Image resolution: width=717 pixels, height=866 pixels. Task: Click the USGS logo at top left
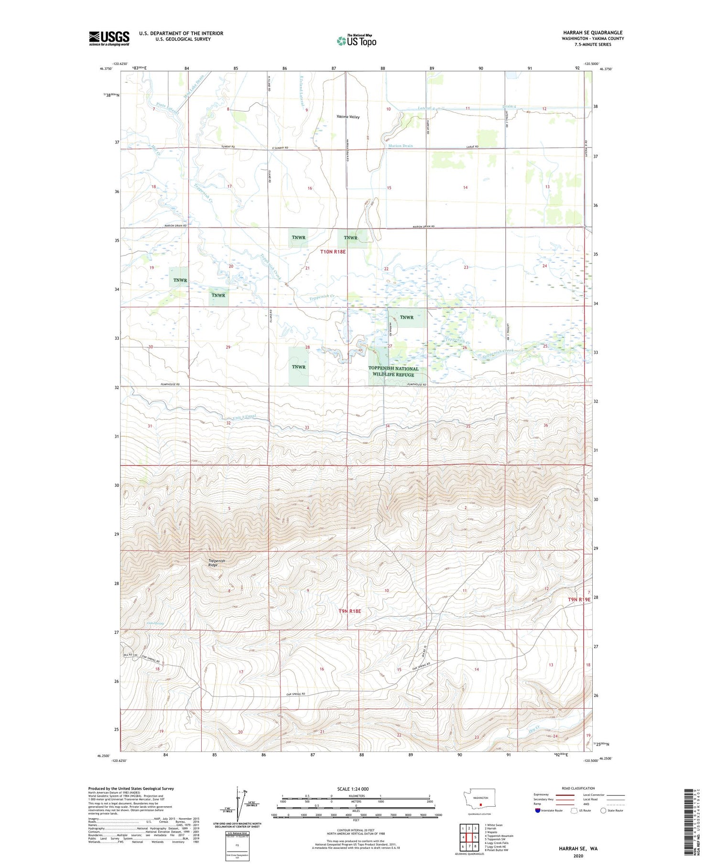[109, 38]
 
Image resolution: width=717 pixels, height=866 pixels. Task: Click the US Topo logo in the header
[356, 41]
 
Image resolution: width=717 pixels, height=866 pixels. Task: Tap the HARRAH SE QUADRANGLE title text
[593, 32]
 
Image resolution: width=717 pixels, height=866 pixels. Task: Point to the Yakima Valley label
[348, 117]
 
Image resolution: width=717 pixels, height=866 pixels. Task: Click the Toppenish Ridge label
[216, 563]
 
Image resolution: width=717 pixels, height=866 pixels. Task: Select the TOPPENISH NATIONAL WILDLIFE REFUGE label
[393, 371]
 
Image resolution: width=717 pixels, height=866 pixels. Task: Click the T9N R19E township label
[579, 599]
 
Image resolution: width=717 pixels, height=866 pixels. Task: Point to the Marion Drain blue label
[401, 146]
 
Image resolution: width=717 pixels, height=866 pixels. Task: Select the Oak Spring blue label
[155, 623]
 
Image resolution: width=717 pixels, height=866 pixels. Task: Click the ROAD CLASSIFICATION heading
[578, 788]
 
